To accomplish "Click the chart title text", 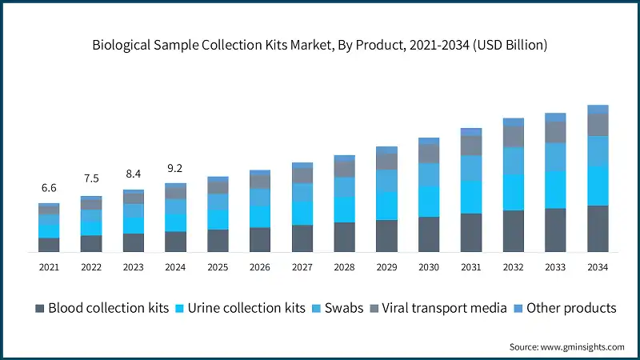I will (320, 46).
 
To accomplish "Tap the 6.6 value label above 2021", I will (49, 188).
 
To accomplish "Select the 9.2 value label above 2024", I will (175, 168).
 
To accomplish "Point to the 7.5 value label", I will (91, 178).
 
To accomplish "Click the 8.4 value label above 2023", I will (133, 173).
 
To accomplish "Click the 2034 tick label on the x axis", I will (598, 266).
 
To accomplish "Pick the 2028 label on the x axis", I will (344, 266).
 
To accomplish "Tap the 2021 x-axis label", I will (49, 266).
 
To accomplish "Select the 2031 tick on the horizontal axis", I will (471, 266).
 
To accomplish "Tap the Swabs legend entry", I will (339, 308).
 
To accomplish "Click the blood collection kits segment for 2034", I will (598, 229).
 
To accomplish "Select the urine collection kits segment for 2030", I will (429, 202).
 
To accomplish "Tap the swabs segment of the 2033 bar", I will (555, 157).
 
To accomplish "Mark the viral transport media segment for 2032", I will (513, 137).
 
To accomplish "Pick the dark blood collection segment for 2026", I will (260, 240).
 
